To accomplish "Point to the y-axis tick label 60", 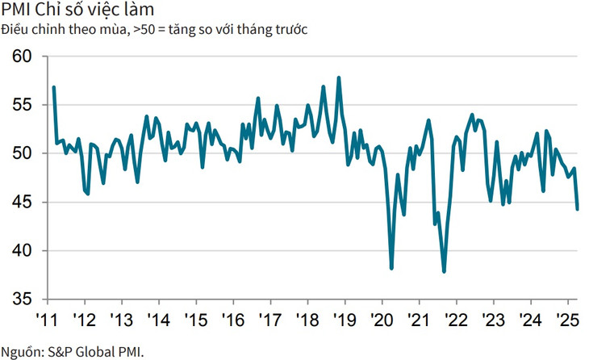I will [x=22, y=57].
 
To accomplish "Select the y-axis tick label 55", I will [x=22, y=105].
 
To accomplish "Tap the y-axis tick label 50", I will [x=22, y=153].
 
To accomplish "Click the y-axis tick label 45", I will [x=22, y=202].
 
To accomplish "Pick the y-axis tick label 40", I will [x=22, y=250].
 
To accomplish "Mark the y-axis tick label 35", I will [x=22, y=299].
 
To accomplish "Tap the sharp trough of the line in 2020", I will [x=391, y=268].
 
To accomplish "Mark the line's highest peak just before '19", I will [x=339, y=77].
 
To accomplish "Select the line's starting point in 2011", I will [x=53, y=87].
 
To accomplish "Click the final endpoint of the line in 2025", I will [x=577, y=209].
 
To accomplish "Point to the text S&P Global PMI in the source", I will [x=98, y=351].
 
